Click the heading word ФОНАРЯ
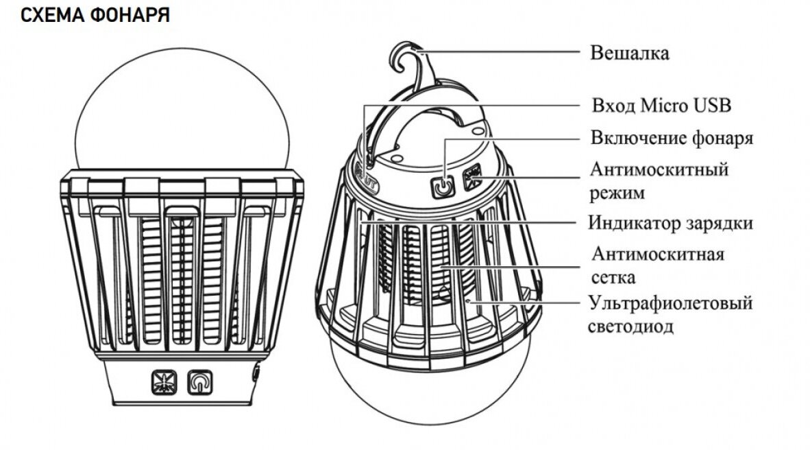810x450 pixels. pos(130,16)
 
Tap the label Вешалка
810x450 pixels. pos(629,53)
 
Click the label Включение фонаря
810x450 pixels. pos(672,138)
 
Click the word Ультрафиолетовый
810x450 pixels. pos(670,303)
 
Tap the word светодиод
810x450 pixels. pos(630,326)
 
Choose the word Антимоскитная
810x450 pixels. pos(657,255)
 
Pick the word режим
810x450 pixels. pos(617,193)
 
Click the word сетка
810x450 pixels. pos(613,278)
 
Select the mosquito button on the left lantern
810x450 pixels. pos(163,383)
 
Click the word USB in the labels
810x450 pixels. pos(713,106)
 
